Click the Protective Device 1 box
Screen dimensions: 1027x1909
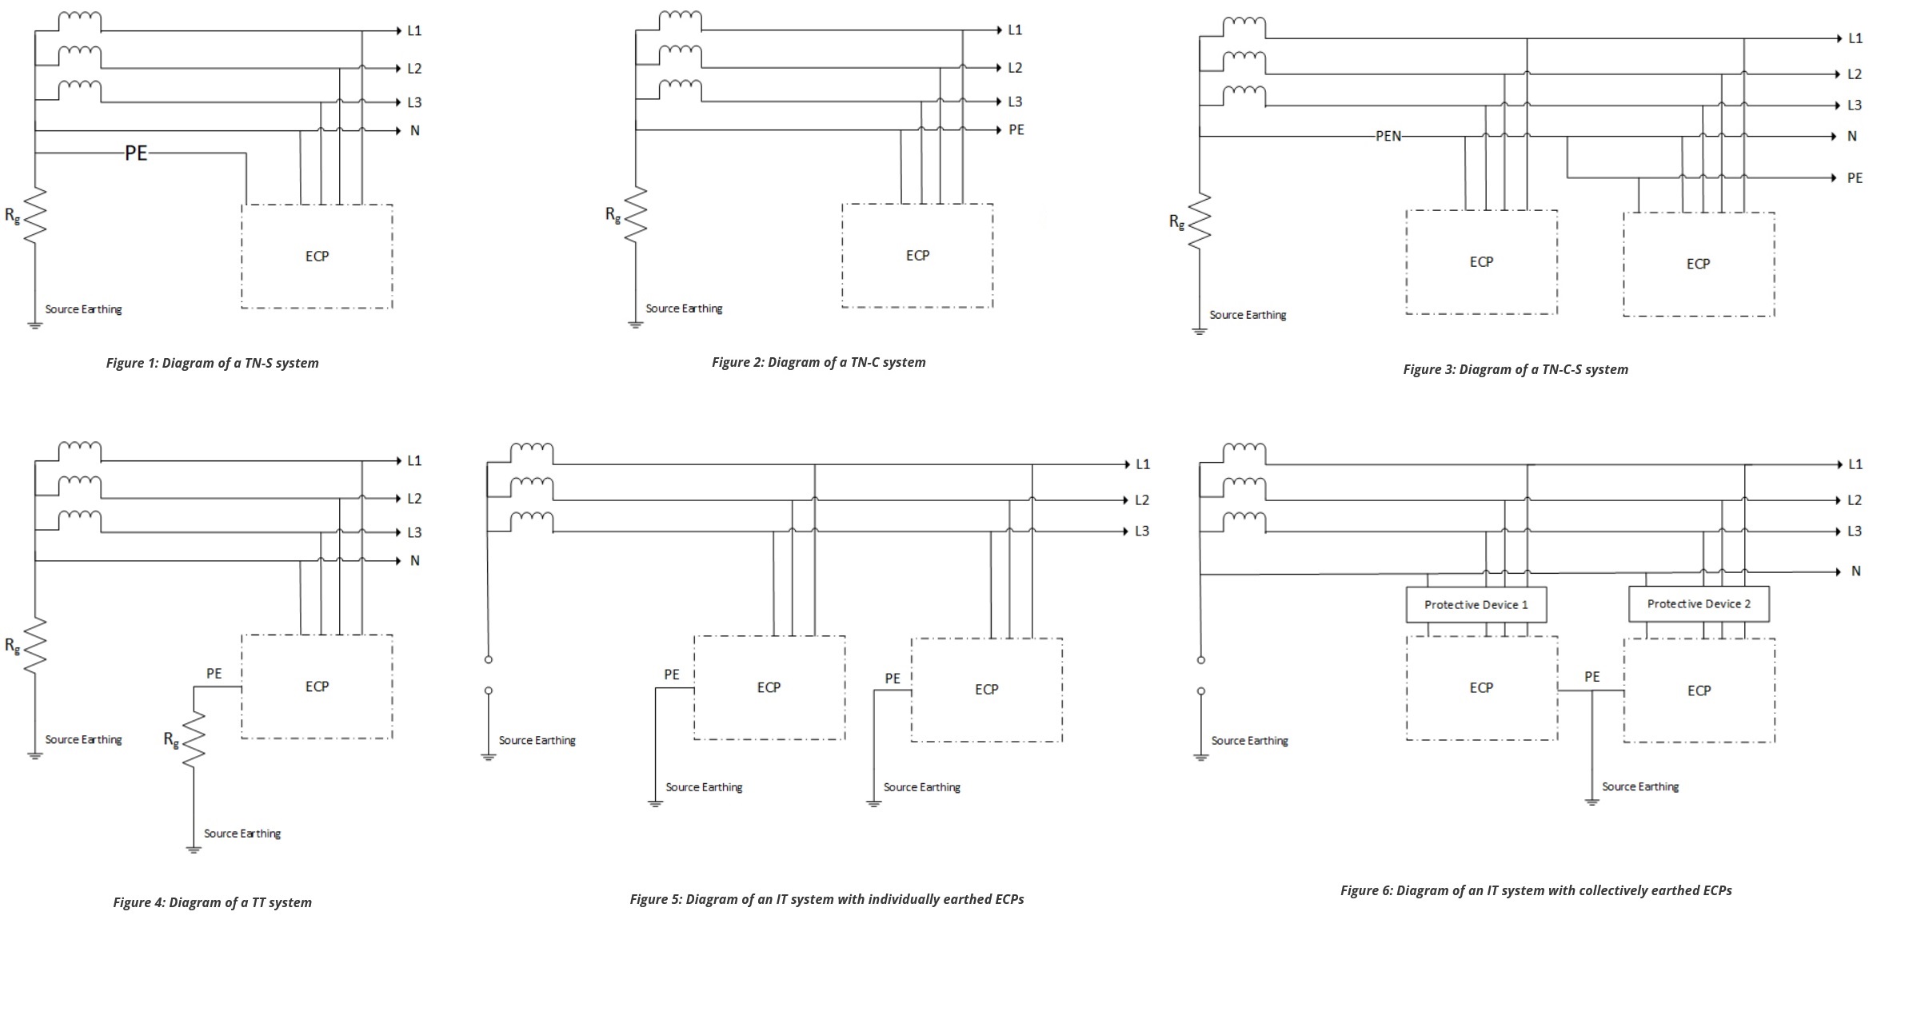pos(1476,605)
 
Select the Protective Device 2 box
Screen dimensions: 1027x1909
pos(1698,604)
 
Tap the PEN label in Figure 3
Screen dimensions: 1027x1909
pos(1388,137)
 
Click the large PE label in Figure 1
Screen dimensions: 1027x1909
pos(136,153)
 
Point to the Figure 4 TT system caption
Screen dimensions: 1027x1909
pos(212,902)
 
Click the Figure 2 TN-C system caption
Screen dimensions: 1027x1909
pos(818,362)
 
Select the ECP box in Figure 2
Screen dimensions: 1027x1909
pos(917,256)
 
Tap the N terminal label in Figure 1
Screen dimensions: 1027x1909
pos(414,130)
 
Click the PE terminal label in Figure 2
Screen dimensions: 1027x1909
pos(1016,129)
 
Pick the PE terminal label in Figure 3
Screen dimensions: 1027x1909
pos(1855,178)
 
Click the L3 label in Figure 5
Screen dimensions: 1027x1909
pos(1141,531)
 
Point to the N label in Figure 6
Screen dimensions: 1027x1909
pos(1855,571)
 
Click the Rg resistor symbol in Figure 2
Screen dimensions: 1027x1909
pos(636,214)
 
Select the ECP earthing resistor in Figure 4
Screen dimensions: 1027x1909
pos(194,739)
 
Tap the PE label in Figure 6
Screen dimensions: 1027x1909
pos(1591,677)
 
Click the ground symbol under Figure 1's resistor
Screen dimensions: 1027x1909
pos(35,324)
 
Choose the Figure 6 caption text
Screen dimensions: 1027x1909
pos(1536,890)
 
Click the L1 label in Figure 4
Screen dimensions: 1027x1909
pos(414,460)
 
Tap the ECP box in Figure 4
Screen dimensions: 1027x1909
pos(317,687)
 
